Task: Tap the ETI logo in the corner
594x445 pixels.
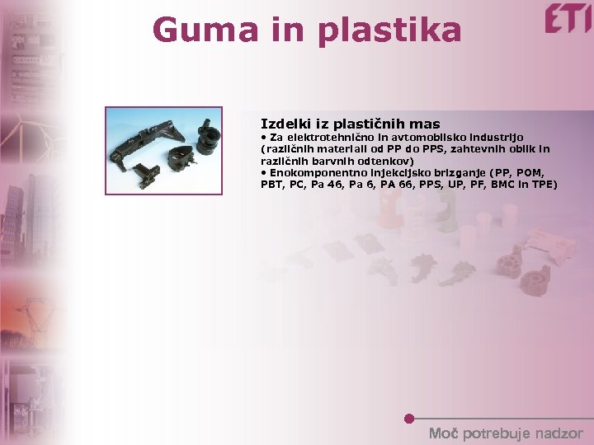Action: click(x=567, y=18)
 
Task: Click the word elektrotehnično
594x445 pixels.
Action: click(x=328, y=137)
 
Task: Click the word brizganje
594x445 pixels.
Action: click(x=454, y=173)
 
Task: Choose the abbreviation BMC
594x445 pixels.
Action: click(x=504, y=185)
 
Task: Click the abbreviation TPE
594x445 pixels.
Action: click(x=544, y=185)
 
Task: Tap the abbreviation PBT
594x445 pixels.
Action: click(x=271, y=185)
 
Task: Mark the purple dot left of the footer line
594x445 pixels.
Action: click(x=408, y=419)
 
